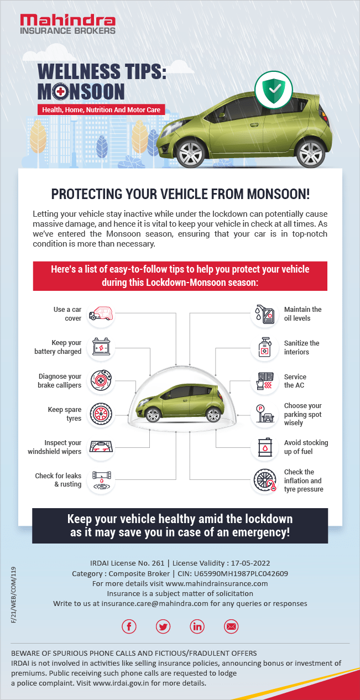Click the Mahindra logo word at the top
68,21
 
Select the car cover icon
101,314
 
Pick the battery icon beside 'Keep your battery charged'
101,347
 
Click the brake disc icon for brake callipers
101,381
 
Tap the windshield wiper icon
101,447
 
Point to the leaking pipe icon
101,480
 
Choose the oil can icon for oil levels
264,314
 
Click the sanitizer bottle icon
264,348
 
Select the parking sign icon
264,414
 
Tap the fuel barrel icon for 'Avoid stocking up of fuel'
264,447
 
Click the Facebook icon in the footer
129,626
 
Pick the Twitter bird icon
163,626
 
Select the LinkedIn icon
197,626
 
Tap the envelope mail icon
231,626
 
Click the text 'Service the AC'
295,381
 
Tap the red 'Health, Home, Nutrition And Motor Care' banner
101,109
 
